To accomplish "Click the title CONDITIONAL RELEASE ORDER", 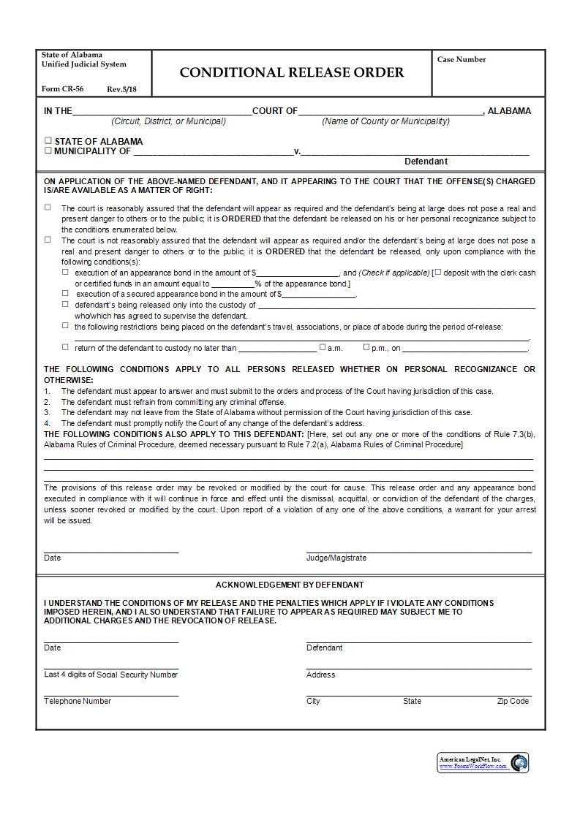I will coord(291,72).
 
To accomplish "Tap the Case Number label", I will coord(461,60).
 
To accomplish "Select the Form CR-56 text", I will coord(62,89).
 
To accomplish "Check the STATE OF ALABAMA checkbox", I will coord(48,141).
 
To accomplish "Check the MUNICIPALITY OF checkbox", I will coord(48,151).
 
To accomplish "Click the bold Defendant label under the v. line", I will coord(426,162).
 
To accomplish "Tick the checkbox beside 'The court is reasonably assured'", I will coord(48,208).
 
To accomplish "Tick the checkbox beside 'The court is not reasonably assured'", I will coord(48,240).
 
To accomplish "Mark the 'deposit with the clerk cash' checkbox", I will coord(438,272).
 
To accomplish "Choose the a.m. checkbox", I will coord(323,347).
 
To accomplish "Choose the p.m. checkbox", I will coord(366,347).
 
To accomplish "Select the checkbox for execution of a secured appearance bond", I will coord(66,293).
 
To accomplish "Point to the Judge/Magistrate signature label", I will coord(336,558).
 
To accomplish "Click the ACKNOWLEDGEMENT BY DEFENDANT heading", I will coord(290,585).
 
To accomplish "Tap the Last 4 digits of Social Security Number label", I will coord(110,675).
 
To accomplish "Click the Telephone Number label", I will coord(78,701).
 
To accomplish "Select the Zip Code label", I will coord(513,701).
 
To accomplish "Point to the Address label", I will coord(320,675).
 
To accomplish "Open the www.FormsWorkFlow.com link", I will coord(472,767).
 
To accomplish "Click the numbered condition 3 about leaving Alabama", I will coord(266,412).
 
